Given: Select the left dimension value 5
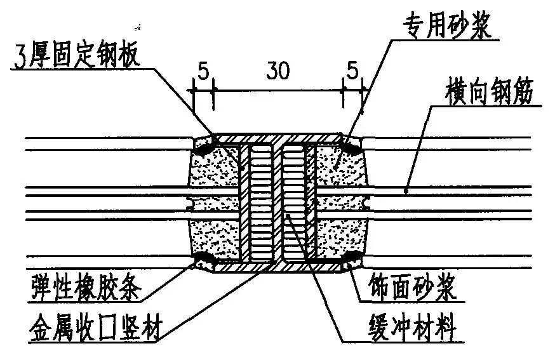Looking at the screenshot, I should click(x=203, y=71).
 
